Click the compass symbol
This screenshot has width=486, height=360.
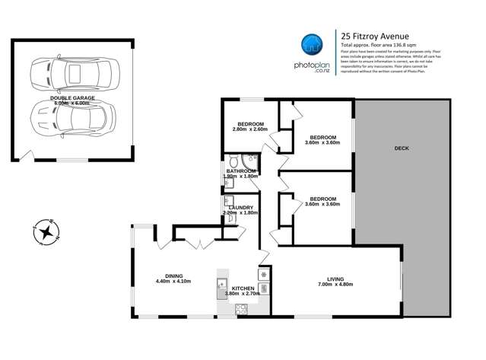click(x=47, y=231)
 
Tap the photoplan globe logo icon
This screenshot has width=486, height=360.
click(x=309, y=45)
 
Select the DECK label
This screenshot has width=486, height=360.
click(x=402, y=148)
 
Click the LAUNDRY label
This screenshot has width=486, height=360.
click(x=239, y=205)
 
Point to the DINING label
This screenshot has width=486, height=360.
click(x=174, y=276)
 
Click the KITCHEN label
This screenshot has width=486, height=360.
click(x=243, y=288)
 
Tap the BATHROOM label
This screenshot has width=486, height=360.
click(x=241, y=171)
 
